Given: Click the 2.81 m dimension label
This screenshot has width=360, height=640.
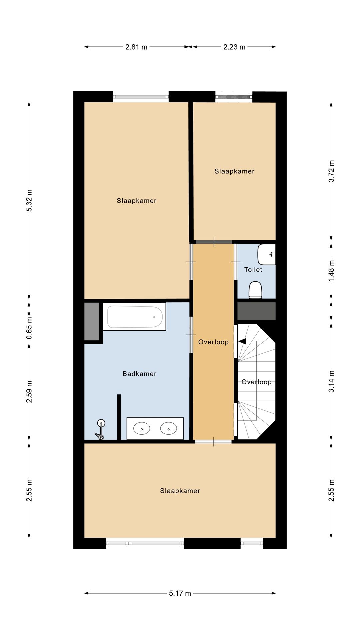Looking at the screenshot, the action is (x=136, y=47).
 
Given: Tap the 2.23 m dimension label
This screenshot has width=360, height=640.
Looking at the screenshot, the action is (x=234, y=47).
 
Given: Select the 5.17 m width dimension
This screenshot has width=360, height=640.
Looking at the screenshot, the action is (x=180, y=593).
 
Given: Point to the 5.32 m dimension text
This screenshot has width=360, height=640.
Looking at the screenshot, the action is (x=29, y=200).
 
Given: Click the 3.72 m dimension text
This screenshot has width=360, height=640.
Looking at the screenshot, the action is (x=331, y=171).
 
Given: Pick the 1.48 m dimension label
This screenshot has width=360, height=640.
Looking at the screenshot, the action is (x=331, y=270).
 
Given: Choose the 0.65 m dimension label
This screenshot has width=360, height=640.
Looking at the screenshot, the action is (x=29, y=328).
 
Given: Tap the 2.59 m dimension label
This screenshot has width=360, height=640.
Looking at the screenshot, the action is (x=29, y=392).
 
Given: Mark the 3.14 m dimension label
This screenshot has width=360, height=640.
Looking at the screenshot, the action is (x=331, y=381).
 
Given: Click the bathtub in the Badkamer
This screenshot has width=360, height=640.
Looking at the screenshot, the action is (x=134, y=317).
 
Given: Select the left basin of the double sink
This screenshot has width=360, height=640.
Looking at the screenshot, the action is (x=141, y=428).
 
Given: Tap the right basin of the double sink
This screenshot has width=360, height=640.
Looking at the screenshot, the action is (x=168, y=428).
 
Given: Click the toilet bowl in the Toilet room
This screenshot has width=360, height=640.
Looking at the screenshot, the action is (x=256, y=290).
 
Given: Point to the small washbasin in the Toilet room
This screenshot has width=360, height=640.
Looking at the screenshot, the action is (x=267, y=254).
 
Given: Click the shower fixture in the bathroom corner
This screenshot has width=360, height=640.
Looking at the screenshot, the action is (x=100, y=429).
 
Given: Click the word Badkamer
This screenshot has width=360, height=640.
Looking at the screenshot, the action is (x=139, y=374).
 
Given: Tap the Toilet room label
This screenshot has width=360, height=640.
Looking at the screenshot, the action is (x=253, y=270).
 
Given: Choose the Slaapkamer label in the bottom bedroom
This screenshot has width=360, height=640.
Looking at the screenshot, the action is (x=180, y=491).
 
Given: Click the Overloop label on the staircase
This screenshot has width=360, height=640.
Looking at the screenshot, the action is (x=256, y=382).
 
